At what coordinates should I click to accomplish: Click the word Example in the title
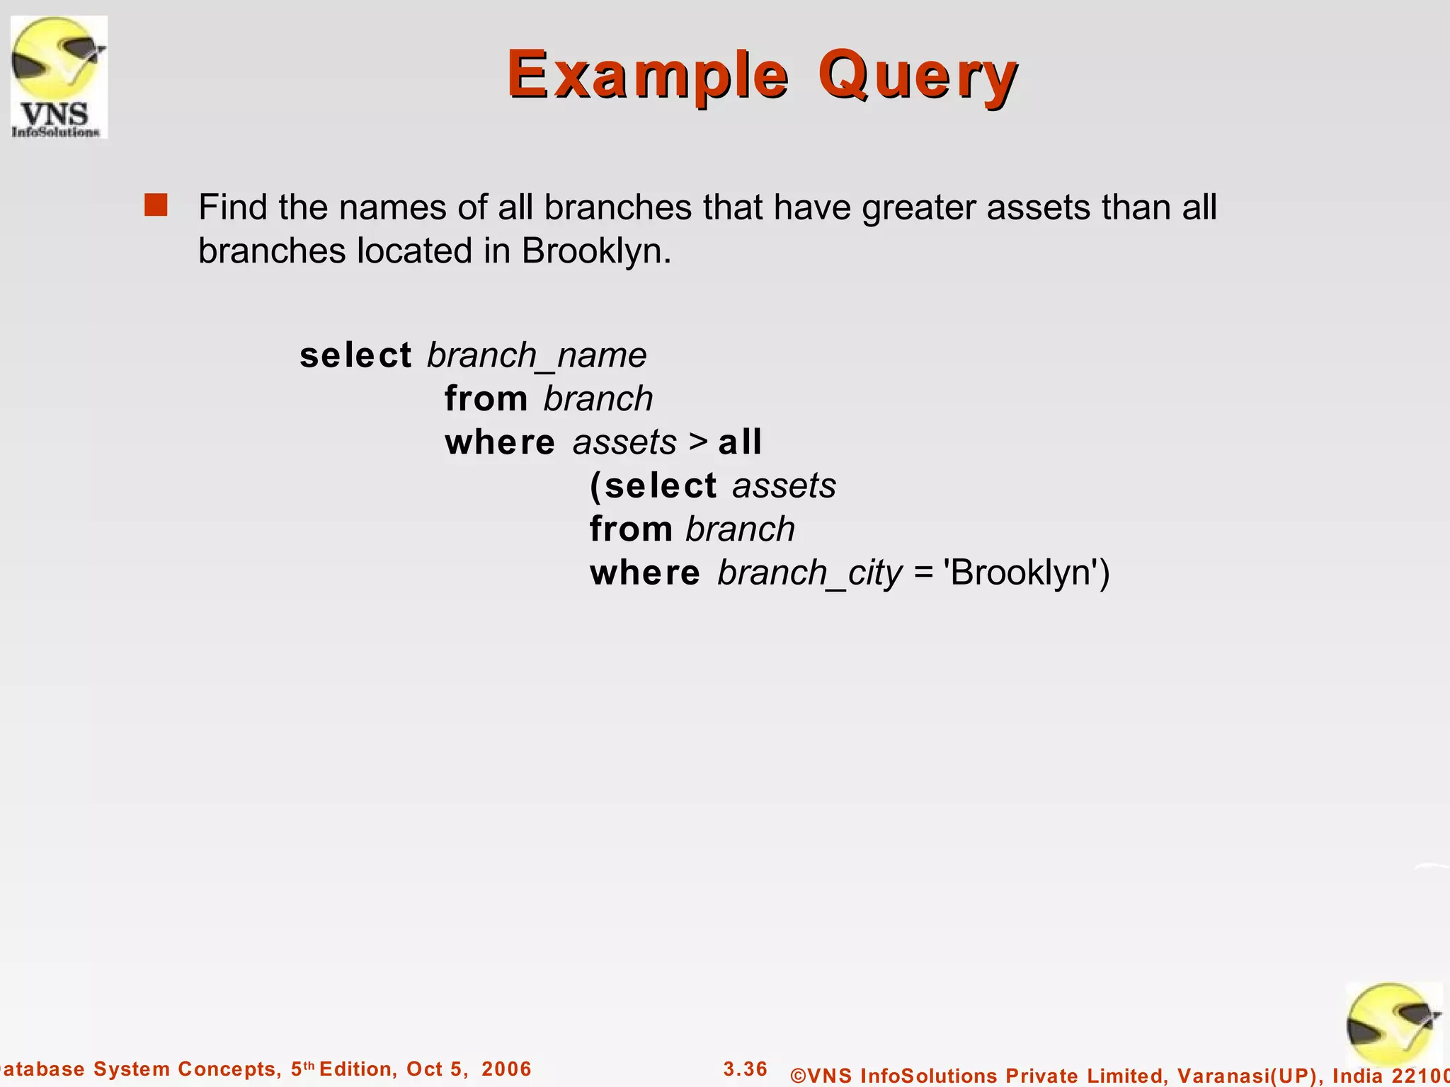(x=647, y=75)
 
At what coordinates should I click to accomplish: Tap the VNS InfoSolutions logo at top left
(x=59, y=76)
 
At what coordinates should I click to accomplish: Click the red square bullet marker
(x=156, y=205)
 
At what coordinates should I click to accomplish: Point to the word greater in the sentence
(x=918, y=208)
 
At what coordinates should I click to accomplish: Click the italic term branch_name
(x=537, y=355)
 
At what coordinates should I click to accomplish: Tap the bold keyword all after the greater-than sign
(x=740, y=442)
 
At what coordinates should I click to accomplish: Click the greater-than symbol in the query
(x=698, y=442)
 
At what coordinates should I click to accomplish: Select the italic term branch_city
(x=809, y=573)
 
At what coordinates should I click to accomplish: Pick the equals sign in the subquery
(x=923, y=573)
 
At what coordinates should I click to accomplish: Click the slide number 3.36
(x=745, y=1069)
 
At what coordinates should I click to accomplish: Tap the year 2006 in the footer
(x=506, y=1069)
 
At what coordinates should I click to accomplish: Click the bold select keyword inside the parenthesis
(x=661, y=486)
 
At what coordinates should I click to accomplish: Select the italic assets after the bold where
(x=624, y=443)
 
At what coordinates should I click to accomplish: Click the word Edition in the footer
(x=358, y=1069)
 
